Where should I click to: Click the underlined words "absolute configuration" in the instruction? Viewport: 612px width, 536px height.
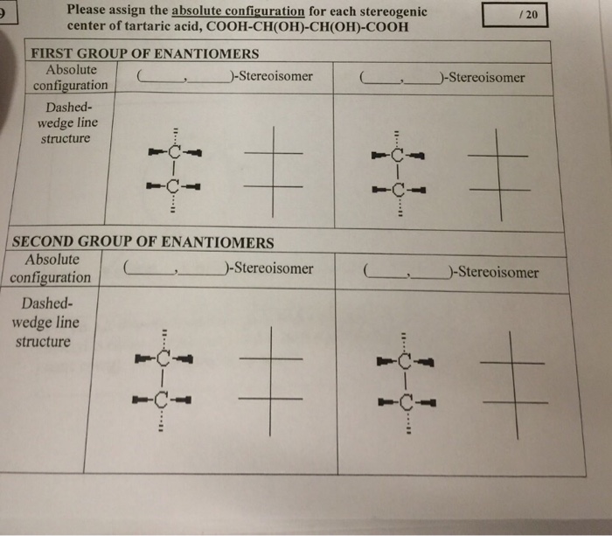[x=238, y=10]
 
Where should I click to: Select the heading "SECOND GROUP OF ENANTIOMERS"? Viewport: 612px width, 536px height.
[x=143, y=242]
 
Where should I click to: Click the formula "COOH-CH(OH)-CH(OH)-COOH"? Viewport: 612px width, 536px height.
[x=307, y=26]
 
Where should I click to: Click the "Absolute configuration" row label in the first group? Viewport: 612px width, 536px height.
[x=71, y=77]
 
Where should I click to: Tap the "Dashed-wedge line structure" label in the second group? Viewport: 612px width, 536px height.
[x=45, y=322]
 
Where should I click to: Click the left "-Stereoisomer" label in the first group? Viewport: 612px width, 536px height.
[x=271, y=76]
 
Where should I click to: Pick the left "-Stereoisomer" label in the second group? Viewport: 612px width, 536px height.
[x=271, y=268]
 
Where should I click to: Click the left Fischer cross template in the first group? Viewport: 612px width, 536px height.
[x=273, y=171]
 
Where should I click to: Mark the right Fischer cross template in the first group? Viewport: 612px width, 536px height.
[x=498, y=173]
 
